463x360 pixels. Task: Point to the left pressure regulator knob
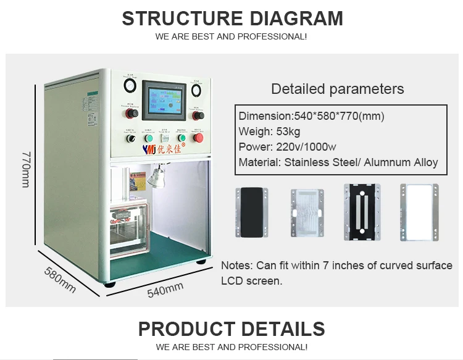click(130, 114)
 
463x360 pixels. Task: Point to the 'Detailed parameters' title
click(338, 89)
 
